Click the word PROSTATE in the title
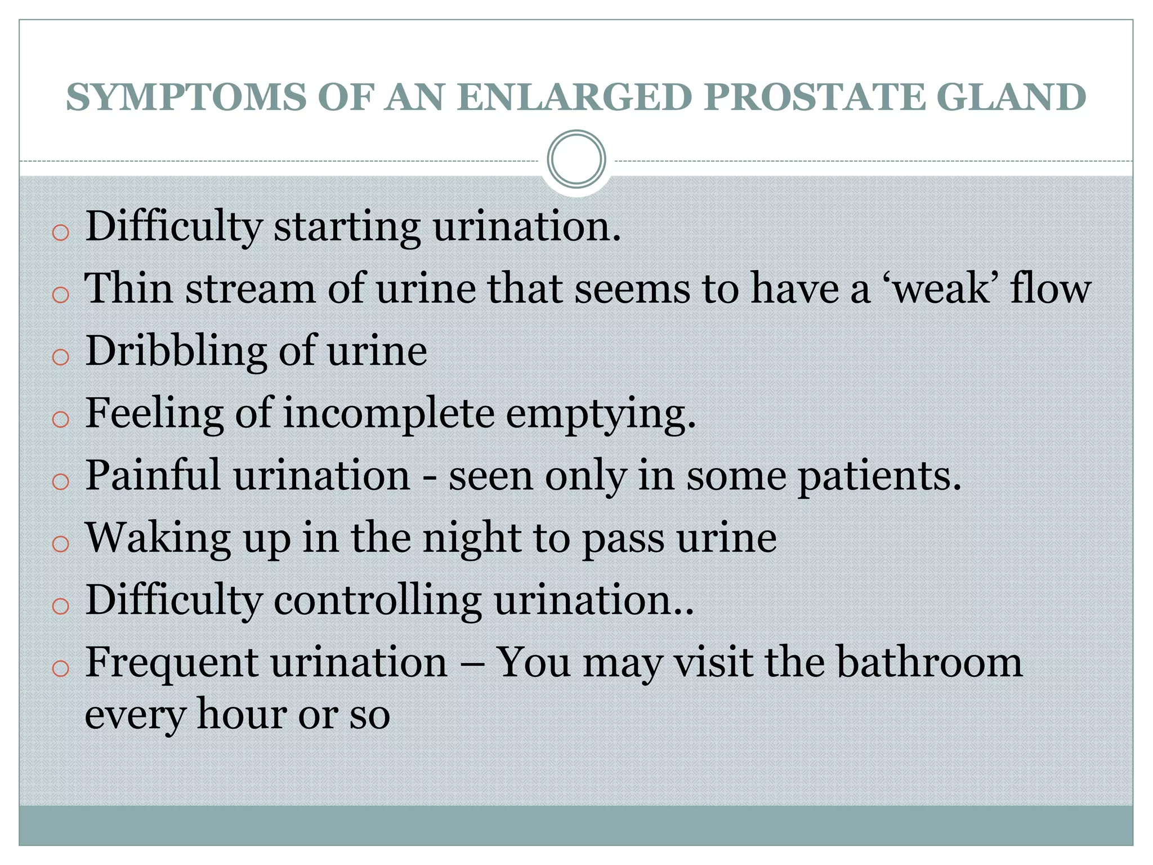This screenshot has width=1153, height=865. (815, 97)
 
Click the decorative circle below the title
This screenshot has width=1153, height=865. (576, 159)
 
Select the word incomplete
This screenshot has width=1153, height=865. (388, 414)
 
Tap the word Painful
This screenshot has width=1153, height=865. (152, 476)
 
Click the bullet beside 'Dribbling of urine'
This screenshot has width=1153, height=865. (60, 357)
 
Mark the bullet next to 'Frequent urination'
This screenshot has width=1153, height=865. (60, 668)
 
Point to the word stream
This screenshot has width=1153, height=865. (251, 289)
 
